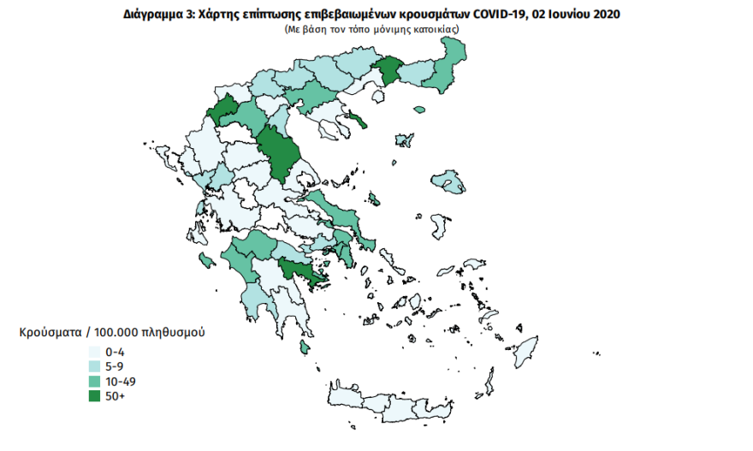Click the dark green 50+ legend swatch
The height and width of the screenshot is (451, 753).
point(94,395)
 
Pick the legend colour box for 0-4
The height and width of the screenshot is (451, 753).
point(94,352)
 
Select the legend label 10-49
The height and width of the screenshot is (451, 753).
point(121,381)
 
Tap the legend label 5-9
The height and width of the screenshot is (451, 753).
point(116,366)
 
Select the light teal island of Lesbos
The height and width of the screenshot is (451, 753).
point(447,181)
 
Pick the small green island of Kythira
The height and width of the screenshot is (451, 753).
point(304,347)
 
